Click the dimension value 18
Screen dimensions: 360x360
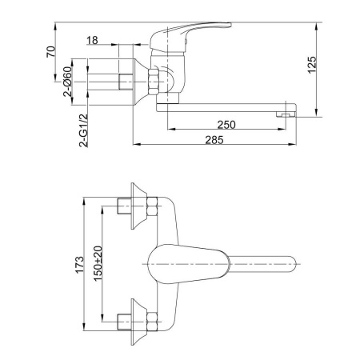pyautogui.click(x=92, y=41)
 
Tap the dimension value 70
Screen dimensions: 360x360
pyautogui.click(x=51, y=52)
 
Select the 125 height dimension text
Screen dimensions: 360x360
pyautogui.click(x=312, y=65)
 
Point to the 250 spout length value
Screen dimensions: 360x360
pyautogui.click(x=226, y=125)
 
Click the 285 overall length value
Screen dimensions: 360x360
pyautogui.click(x=214, y=140)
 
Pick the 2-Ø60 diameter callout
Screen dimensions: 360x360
pyautogui.click(x=68, y=82)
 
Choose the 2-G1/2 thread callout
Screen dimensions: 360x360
pyautogui.click(x=83, y=130)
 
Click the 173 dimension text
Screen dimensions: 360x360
pyautogui.click(x=79, y=265)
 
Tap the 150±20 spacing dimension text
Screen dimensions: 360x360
pyautogui.click(x=98, y=263)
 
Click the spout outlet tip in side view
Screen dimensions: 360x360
pyautogui.click(x=286, y=114)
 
